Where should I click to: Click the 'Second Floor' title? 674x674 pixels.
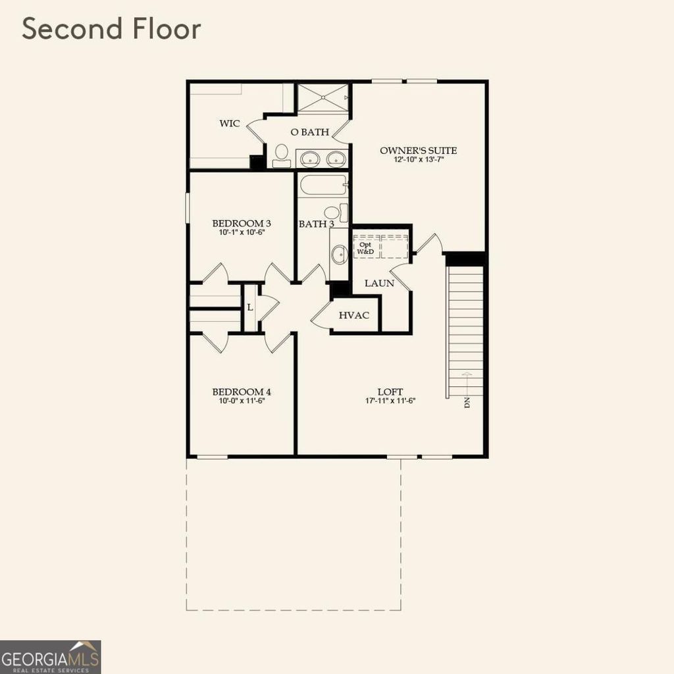click(111, 30)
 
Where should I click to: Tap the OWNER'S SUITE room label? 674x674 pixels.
click(418, 151)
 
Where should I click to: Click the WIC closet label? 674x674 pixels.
click(229, 123)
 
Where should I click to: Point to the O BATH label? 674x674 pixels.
click(309, 132)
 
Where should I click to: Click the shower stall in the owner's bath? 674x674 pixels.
click(323, 98)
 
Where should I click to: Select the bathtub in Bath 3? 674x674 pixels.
click(323, 185)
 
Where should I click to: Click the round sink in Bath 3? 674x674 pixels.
click(339, 255)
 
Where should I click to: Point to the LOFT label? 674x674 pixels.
click(390, 391)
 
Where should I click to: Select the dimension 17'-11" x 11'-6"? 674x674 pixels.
click(391, 400)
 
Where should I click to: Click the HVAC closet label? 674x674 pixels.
click(353, 315)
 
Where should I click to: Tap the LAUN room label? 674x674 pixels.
click(379, 283)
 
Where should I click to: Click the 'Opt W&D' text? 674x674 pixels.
click(364, 247)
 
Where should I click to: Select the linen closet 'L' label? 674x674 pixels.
click(250, 307)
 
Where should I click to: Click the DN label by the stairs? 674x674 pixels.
click(467, 402)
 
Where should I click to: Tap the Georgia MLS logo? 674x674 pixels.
click(51, 656)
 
